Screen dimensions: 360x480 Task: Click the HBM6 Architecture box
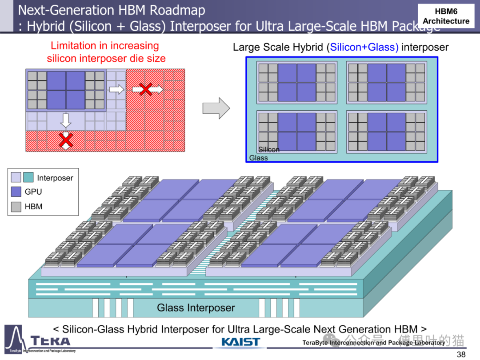click(446, 16)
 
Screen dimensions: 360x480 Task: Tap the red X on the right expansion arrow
click(145, 89)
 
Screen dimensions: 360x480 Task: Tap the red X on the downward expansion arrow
click(66, 140)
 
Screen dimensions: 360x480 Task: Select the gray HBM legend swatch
click(16, 207)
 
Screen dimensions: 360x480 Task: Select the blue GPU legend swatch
click(16, 192)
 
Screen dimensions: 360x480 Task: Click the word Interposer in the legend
click(55, 178)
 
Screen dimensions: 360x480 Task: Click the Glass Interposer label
click(196, 308)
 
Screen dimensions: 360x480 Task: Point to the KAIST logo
click(240, 342)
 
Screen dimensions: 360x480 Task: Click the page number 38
click(461, 354)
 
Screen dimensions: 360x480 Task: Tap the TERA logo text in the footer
click(50, 341)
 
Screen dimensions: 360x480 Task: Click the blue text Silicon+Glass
click(364, 47)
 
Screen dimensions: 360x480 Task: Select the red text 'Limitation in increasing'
click(105, 45)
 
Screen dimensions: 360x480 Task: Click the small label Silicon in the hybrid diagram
click(269, 150)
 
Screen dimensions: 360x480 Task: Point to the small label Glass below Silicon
click(258, 158)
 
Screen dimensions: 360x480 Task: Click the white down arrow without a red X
click(66, 120)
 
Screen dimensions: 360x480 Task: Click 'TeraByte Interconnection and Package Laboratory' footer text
click(373, 343)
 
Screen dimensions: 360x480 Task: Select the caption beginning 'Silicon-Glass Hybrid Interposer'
click(240, 329)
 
